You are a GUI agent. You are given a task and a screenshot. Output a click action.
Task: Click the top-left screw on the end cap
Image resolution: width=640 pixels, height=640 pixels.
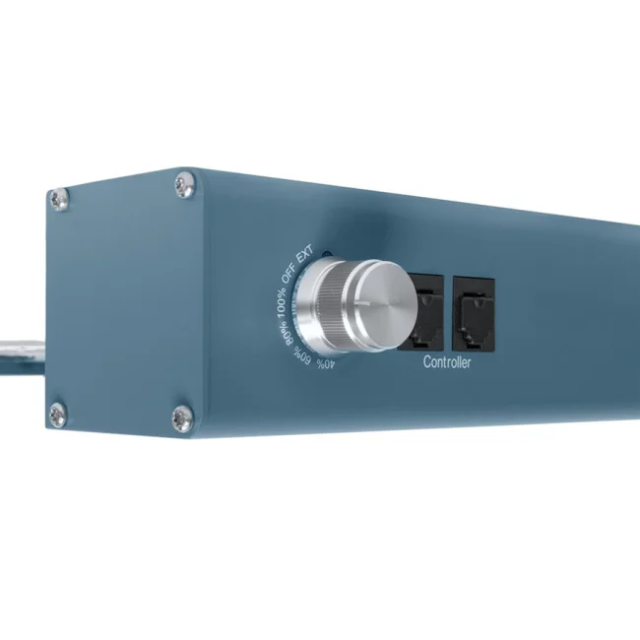click(59, 199)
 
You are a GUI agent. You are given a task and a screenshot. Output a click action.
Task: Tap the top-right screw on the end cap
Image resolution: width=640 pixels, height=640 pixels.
click(184, 183)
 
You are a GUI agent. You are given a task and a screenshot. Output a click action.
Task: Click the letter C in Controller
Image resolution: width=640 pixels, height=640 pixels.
click(427, 363)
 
